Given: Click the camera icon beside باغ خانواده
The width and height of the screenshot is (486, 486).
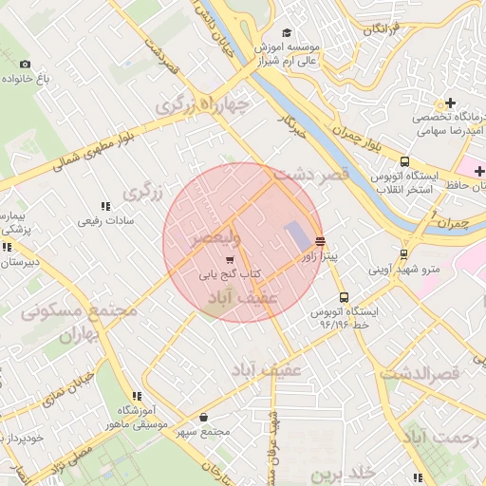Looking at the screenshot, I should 25,65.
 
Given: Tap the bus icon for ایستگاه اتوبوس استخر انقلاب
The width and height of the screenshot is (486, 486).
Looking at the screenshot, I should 405,161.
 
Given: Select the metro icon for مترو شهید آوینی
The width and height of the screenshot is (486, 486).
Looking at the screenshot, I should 404,254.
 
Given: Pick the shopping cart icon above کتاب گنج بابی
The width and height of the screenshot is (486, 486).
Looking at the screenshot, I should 229,259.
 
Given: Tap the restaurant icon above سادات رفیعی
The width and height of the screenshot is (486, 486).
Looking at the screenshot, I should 105,206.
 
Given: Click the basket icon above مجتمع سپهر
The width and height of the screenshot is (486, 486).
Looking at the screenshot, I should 204,418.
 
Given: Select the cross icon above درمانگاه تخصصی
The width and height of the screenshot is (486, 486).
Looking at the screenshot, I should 449,103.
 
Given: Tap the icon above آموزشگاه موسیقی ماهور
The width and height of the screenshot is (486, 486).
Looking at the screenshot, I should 137,396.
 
